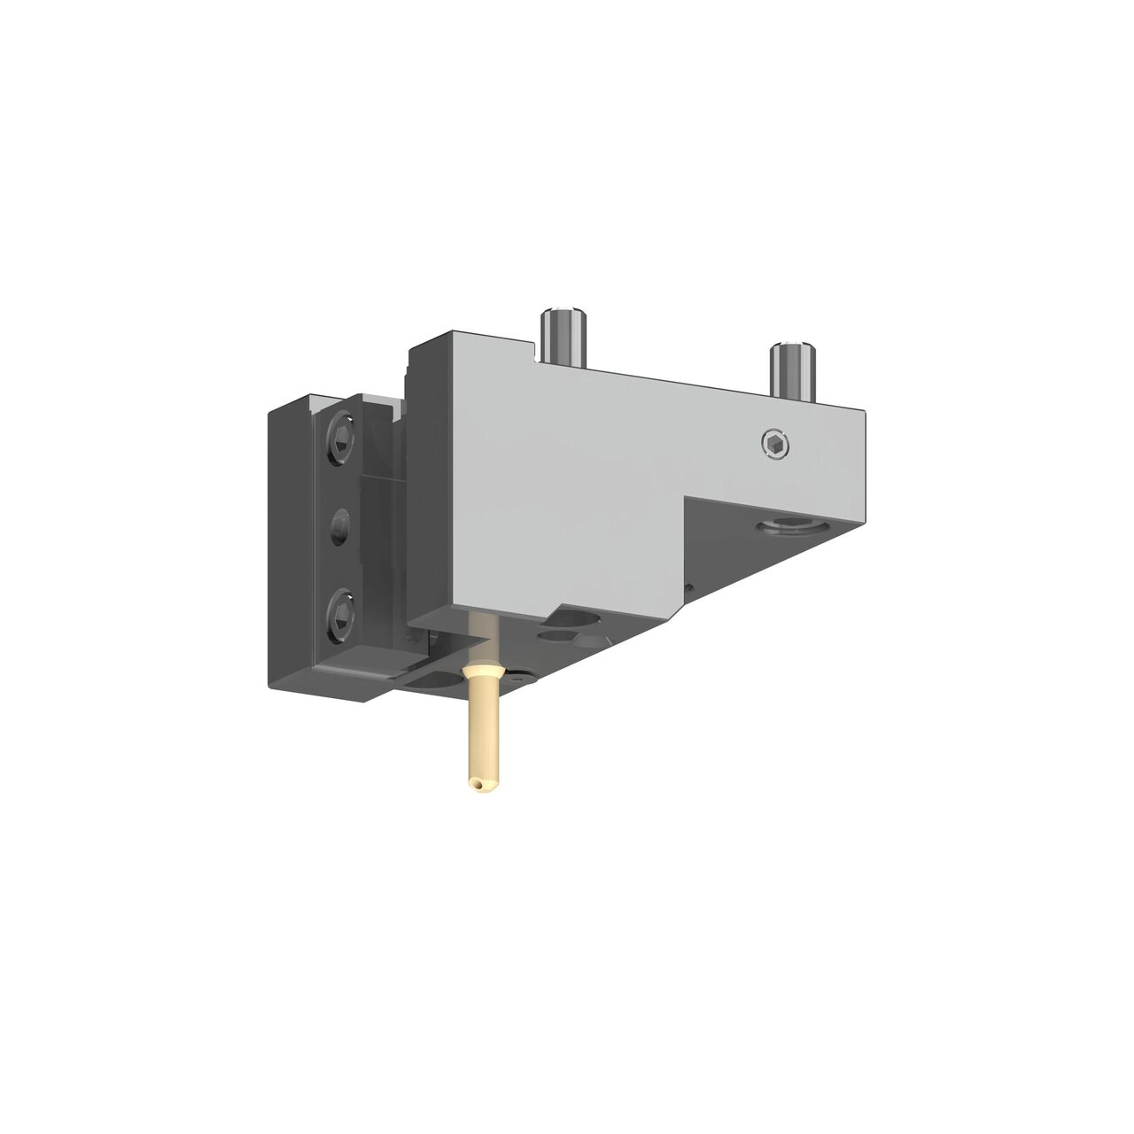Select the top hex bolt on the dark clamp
click(x=341, y=437)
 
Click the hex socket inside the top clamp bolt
click(x=341, y=437)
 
